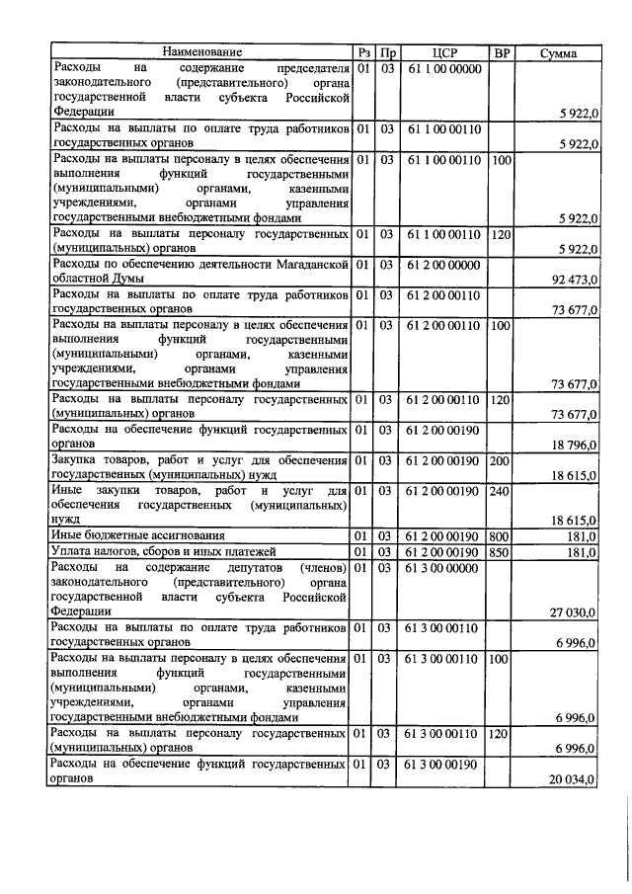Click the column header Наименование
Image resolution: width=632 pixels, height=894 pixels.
coord(201,51)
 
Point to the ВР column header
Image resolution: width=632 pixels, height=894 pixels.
coord(502,51)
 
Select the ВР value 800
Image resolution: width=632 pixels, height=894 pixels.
coord(502,535)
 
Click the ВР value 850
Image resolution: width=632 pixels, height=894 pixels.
coord(502,551)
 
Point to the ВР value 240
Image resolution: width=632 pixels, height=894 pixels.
coord(502,490)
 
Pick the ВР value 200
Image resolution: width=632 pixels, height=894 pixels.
coord(502,460)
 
